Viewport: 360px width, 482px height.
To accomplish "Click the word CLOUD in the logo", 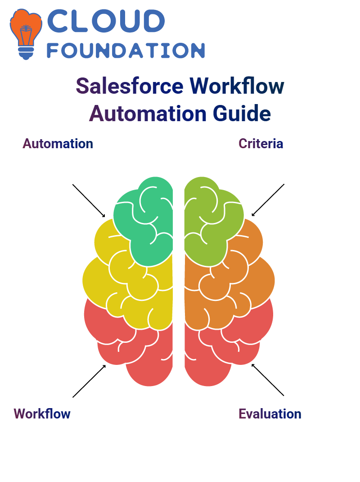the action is [106, 21].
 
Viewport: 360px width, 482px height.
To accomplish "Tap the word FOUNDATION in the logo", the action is [126, 51].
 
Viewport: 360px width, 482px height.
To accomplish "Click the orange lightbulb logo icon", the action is [26, 34].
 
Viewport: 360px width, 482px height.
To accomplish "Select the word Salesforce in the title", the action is [130, 86].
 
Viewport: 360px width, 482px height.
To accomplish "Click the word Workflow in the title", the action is [237, 86].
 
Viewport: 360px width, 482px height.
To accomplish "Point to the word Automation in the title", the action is [148, 114].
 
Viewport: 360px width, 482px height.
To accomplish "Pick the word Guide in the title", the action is [242, 114].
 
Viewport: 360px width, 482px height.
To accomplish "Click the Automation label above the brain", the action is [58, 144].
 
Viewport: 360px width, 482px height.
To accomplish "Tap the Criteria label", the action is [261, 144].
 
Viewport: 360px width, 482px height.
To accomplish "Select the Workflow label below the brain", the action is [42, 414].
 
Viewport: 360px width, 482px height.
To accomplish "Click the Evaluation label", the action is [270, 414].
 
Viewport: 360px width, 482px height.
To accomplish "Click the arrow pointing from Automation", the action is [89, 201].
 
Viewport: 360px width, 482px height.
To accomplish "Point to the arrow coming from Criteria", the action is [268, 200].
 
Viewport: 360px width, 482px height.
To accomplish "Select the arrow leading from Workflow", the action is [89, 381].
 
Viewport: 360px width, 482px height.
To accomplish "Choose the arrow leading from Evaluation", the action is [268, 380].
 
